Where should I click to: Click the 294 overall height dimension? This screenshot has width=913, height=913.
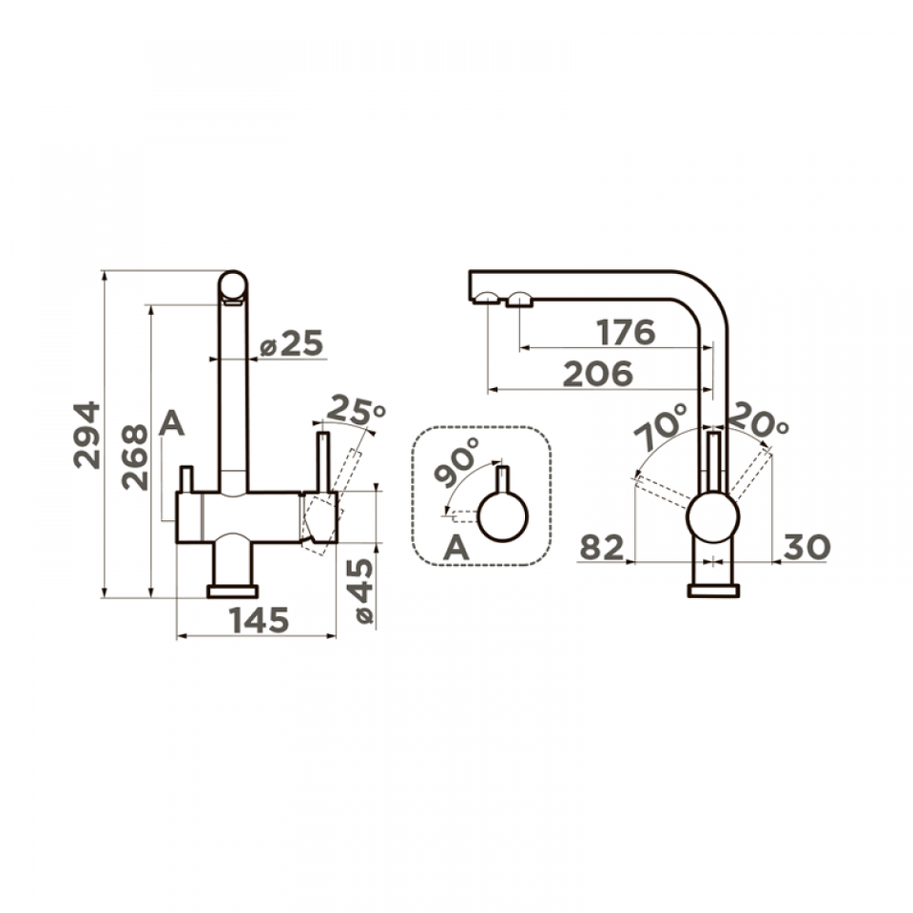(x=87, y=435)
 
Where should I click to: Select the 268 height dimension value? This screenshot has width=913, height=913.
(x=135, y=456)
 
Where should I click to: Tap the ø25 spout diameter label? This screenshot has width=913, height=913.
(x=291, y=343)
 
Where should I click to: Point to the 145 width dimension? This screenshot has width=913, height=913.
(x=259, y=620)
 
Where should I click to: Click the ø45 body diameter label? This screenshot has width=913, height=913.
(x=361, y=591)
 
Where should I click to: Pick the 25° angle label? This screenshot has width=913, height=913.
(x=357, y=410)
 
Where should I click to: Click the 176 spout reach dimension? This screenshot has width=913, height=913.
(x=627, y=333)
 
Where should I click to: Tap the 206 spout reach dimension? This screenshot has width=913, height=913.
(x=598, y=374)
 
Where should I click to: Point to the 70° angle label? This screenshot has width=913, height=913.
(x=661, y=426)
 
